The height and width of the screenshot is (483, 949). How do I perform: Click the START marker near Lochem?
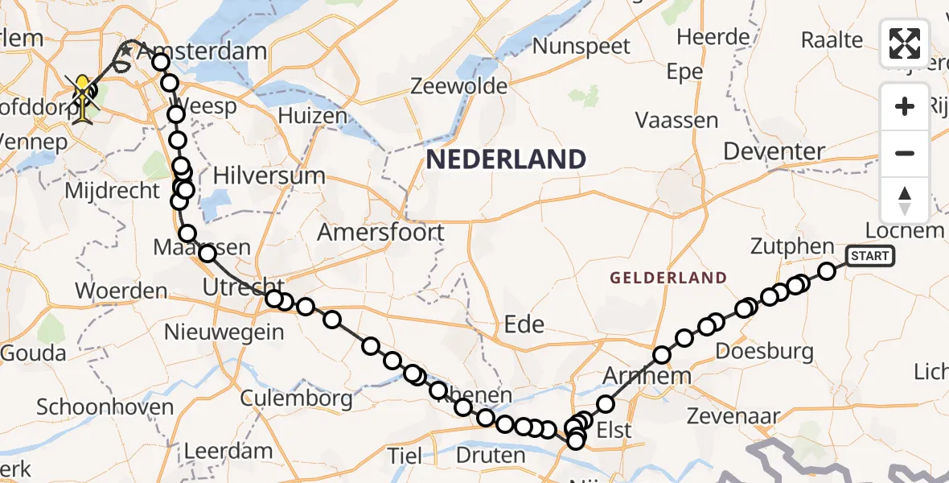coord(869,257)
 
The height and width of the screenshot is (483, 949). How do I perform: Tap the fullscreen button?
coord(905,43)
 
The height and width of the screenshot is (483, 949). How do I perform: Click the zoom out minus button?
coord(905,153)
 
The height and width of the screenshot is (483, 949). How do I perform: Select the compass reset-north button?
coord(905,200)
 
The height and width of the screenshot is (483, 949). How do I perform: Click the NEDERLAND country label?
coord(505,159)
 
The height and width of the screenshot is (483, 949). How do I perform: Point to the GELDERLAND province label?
coord(668,279)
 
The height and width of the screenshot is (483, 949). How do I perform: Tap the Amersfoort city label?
coord(380,233)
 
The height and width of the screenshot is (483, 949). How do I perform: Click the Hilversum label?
coord(269,175)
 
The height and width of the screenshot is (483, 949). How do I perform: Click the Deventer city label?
coord(774,151)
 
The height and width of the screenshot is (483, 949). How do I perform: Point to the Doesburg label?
coord(764,351)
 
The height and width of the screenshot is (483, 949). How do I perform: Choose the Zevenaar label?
coord(734,415)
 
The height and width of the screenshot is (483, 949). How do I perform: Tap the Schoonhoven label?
coord(105,407)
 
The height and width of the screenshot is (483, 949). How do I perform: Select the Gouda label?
coord(33,353)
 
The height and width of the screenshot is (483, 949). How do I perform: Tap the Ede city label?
coord(524,324)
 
